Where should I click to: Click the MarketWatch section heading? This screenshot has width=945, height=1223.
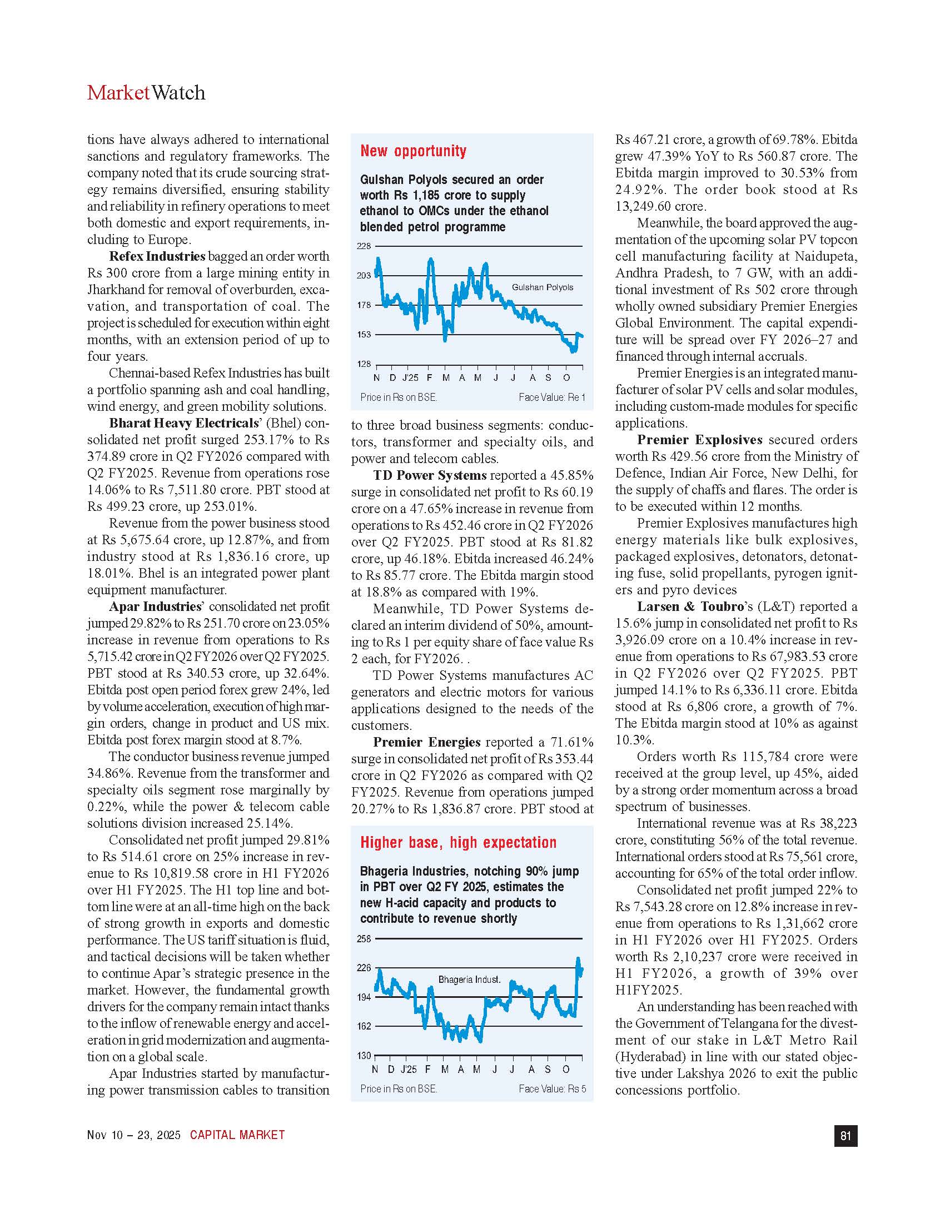pyautogui.click(x=146, y=92)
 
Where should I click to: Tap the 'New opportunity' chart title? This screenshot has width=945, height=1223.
pyautogui.click(x=413, y=151)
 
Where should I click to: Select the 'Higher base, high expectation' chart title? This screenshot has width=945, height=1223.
pyautogui.click(x=458, y=842)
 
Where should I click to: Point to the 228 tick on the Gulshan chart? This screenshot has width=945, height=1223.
pyautogui.click(x=364, y=246)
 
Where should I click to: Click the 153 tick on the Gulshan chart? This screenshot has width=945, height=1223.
pyautogui.click(x=364, y=335)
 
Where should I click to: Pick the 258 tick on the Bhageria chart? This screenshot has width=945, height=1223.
pyautogui.click(x=364, y=939)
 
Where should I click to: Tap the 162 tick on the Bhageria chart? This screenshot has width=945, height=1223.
pyautogui.click(x=364, y=1026)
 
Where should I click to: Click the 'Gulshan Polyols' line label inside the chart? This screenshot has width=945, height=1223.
pyautogui.click(x=543, y=287)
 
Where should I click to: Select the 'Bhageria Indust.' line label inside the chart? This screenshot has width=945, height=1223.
pyautogui.click(x=469, y=980)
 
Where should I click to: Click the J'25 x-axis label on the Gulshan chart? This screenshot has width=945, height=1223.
pyautogui.click(x=410, y=378)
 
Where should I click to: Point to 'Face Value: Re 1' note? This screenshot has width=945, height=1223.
pyautogui.click(x=551, y=397)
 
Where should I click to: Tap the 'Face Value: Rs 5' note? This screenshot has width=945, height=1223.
pyautogui.click(x=552, y=1088)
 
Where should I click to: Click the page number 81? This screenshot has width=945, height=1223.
pyautogui.click(x=845, y=1136)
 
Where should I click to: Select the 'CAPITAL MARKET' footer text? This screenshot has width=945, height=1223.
pyautogui.click(x=237, y=1135)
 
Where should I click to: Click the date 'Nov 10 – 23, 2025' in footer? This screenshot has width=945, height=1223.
pyautogui.click(x=134, y=1135)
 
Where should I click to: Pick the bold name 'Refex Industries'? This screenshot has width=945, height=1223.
pyautogui.click(x=157, y=256)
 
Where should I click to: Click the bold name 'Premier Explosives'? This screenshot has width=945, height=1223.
pyautogui.click(x=700, y=440)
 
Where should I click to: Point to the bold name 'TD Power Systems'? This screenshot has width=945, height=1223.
pyautogui.click(x=430, y=475)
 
